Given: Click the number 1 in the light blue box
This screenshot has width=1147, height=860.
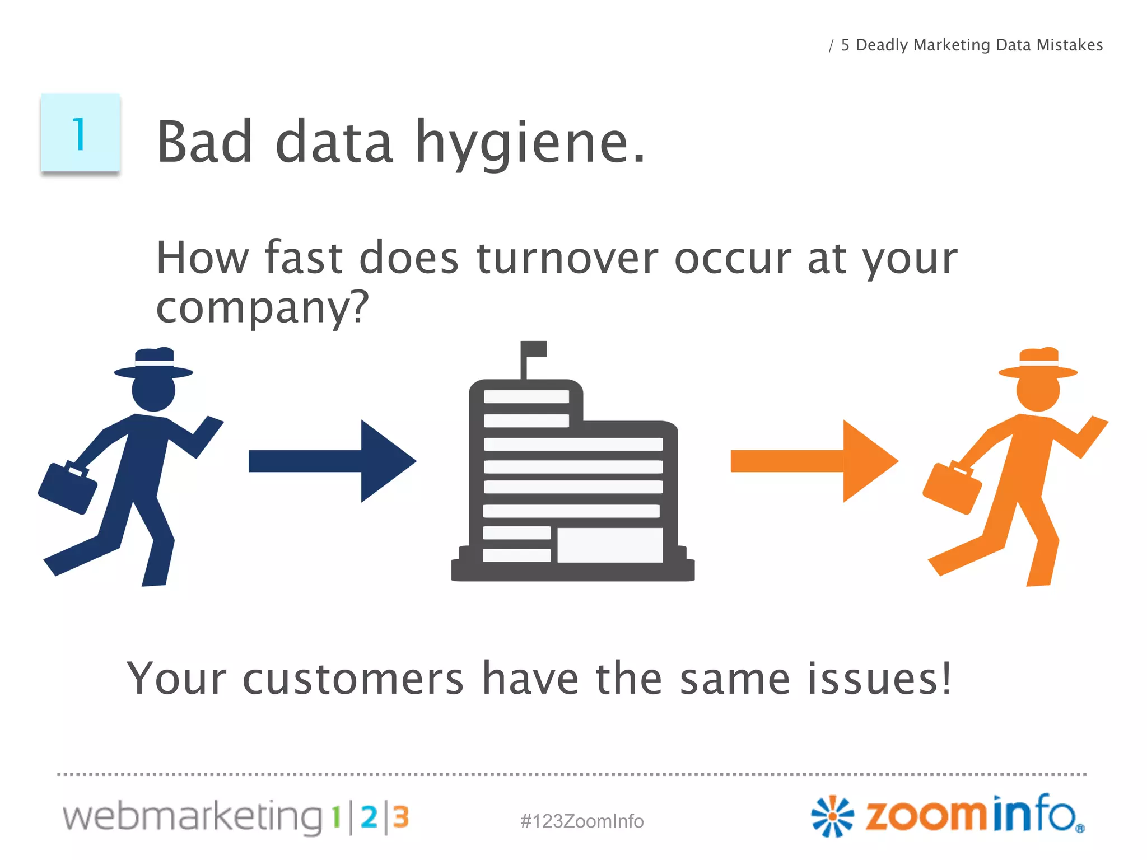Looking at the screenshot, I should coord(79,134).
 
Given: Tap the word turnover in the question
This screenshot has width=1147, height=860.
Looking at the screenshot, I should coord(567,259).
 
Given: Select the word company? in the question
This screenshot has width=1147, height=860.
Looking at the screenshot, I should coord(262,308).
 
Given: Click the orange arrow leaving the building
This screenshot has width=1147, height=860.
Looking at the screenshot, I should coord(814,461).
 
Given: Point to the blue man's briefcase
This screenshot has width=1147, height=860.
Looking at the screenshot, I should coord(67,487).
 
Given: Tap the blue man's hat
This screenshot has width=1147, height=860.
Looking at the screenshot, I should coord(153,363).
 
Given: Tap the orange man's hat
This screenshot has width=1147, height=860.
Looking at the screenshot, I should coord(1038,363).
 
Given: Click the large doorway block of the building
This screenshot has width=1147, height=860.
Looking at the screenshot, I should coord(609,545).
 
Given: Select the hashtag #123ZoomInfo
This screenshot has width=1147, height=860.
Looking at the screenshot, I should coord(582,821).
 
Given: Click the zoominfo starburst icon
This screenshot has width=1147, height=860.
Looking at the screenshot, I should coord(832,816).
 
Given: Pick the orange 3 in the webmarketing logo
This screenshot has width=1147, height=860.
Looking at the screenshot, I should coord(400,817).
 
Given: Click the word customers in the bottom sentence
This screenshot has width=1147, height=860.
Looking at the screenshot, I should coord(353,679).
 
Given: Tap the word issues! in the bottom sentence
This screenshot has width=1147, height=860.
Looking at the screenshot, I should coord(879,679).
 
